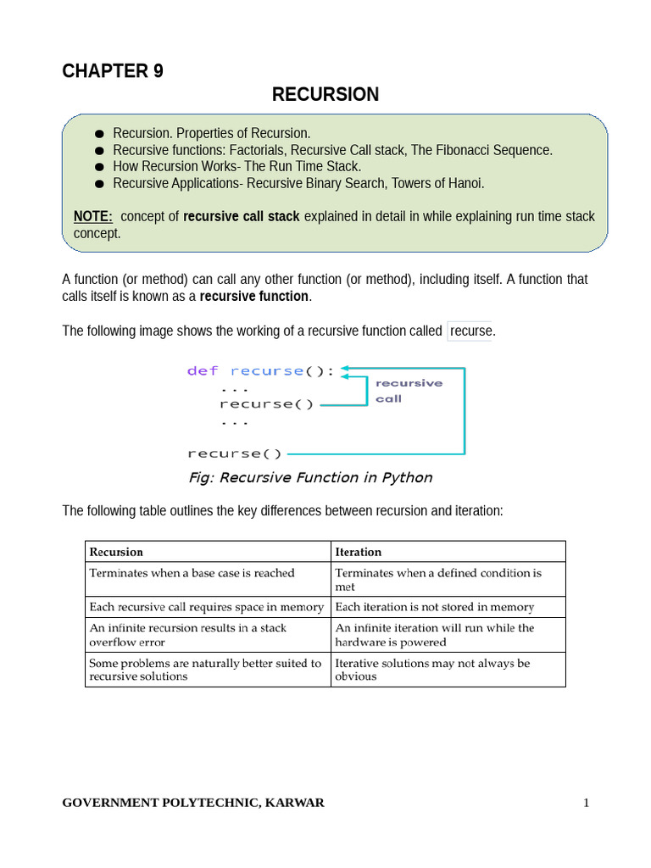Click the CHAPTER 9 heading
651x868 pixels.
point(113,71)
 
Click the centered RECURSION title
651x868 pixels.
point(325,95)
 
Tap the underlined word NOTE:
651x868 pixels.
point(93,216)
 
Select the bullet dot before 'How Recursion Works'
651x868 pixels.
point(99,167)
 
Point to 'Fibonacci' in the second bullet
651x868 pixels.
point(468,150)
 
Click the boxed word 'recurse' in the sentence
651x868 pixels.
point(470,331)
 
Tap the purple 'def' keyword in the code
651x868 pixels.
point(203,371)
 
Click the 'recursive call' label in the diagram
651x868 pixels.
point(408,391)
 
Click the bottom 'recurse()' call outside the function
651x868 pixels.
point(235,453)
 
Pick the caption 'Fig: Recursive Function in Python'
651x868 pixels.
point(310,477)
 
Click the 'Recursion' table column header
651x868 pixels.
point(116,552)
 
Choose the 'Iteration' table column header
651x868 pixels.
point(359,552)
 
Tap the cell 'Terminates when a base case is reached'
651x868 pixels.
point(192,573)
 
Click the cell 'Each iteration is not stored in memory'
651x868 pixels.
point(435,607)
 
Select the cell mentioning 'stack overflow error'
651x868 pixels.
point(188,634)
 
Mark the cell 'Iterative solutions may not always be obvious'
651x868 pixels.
point(432,669)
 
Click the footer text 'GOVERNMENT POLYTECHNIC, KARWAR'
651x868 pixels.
point(193,803)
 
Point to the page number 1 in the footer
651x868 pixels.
point(585,803)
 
